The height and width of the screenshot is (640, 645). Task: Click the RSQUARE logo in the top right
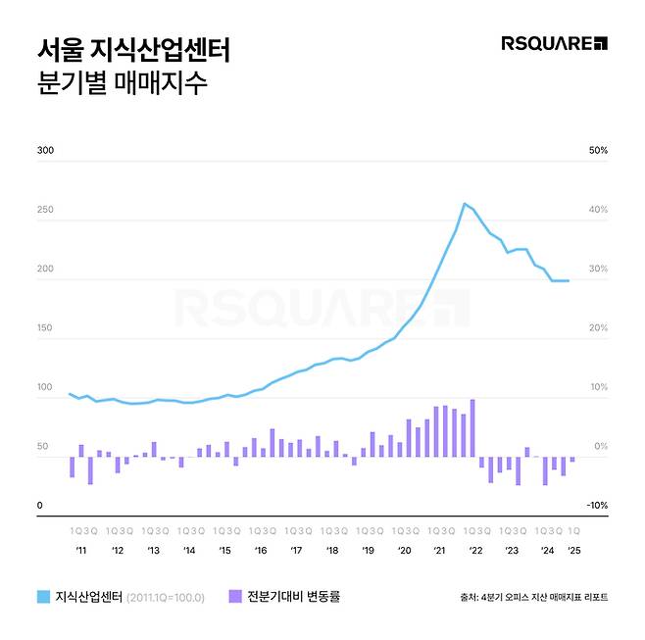(554, 42)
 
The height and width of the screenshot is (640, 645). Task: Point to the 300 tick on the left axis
(45, 151)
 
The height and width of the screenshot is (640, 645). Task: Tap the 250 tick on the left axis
(45, 210)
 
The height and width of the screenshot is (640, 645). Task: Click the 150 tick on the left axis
(45, 328)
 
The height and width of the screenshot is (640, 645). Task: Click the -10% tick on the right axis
(597, 506)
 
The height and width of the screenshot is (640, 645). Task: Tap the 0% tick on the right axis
(600, 447)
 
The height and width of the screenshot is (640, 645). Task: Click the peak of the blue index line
(464, 204)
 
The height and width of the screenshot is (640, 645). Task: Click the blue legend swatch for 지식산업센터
(43, 596)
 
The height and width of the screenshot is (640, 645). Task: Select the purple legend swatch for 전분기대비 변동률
(234, 596)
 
